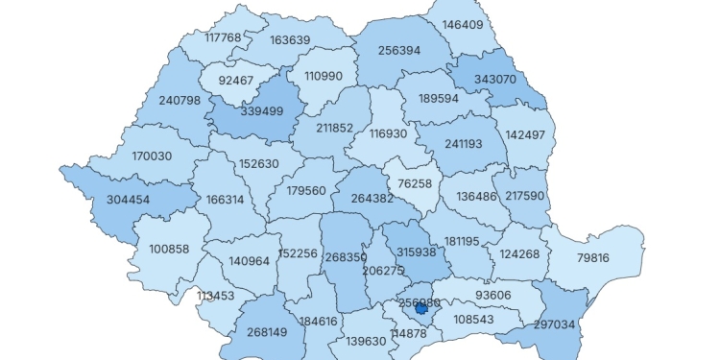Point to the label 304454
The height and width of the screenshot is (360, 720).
click(x=121, y=200)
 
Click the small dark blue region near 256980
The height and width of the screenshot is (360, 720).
click(x=420, y=308)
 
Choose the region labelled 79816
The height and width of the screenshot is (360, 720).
click(x=592, y=258)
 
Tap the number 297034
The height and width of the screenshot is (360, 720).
click(x=554, y=324)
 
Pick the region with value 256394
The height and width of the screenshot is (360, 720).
click(x=399, y=50)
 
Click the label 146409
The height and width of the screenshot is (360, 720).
click(x=463, y=25)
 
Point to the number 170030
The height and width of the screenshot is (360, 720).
click(x=151, y=156)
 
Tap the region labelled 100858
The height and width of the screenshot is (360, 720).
click(x=169, y=249)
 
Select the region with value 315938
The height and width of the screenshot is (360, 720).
click(x=417, y=252)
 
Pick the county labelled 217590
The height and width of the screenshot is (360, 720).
click(x=524, y=196)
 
